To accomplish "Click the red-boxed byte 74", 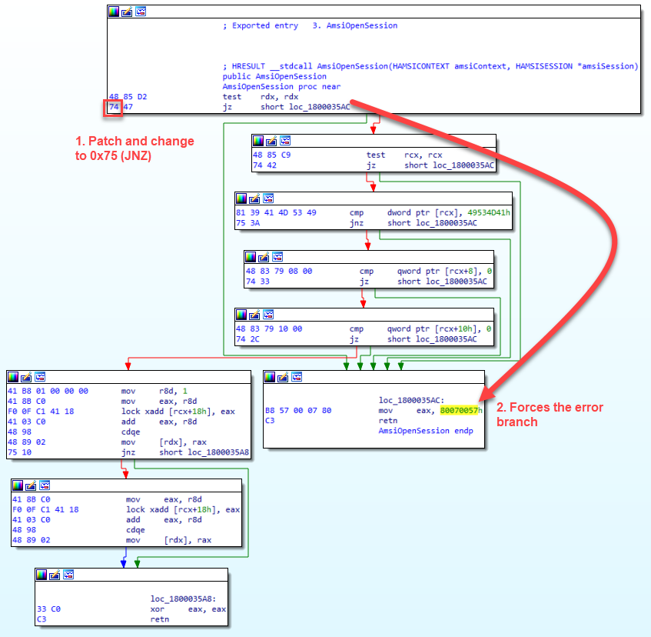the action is pyautogui.click(x=113, y=108).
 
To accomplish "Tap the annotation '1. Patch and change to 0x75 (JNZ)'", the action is pyautogui.click(x=135, y=148).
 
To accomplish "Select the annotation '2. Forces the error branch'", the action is pyautogui.click(x=550, y=415).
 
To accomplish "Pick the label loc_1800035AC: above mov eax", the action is pyautogui.click(x=411, y=401).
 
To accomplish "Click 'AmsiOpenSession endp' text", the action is pyautogui.click(x=426, y=431).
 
